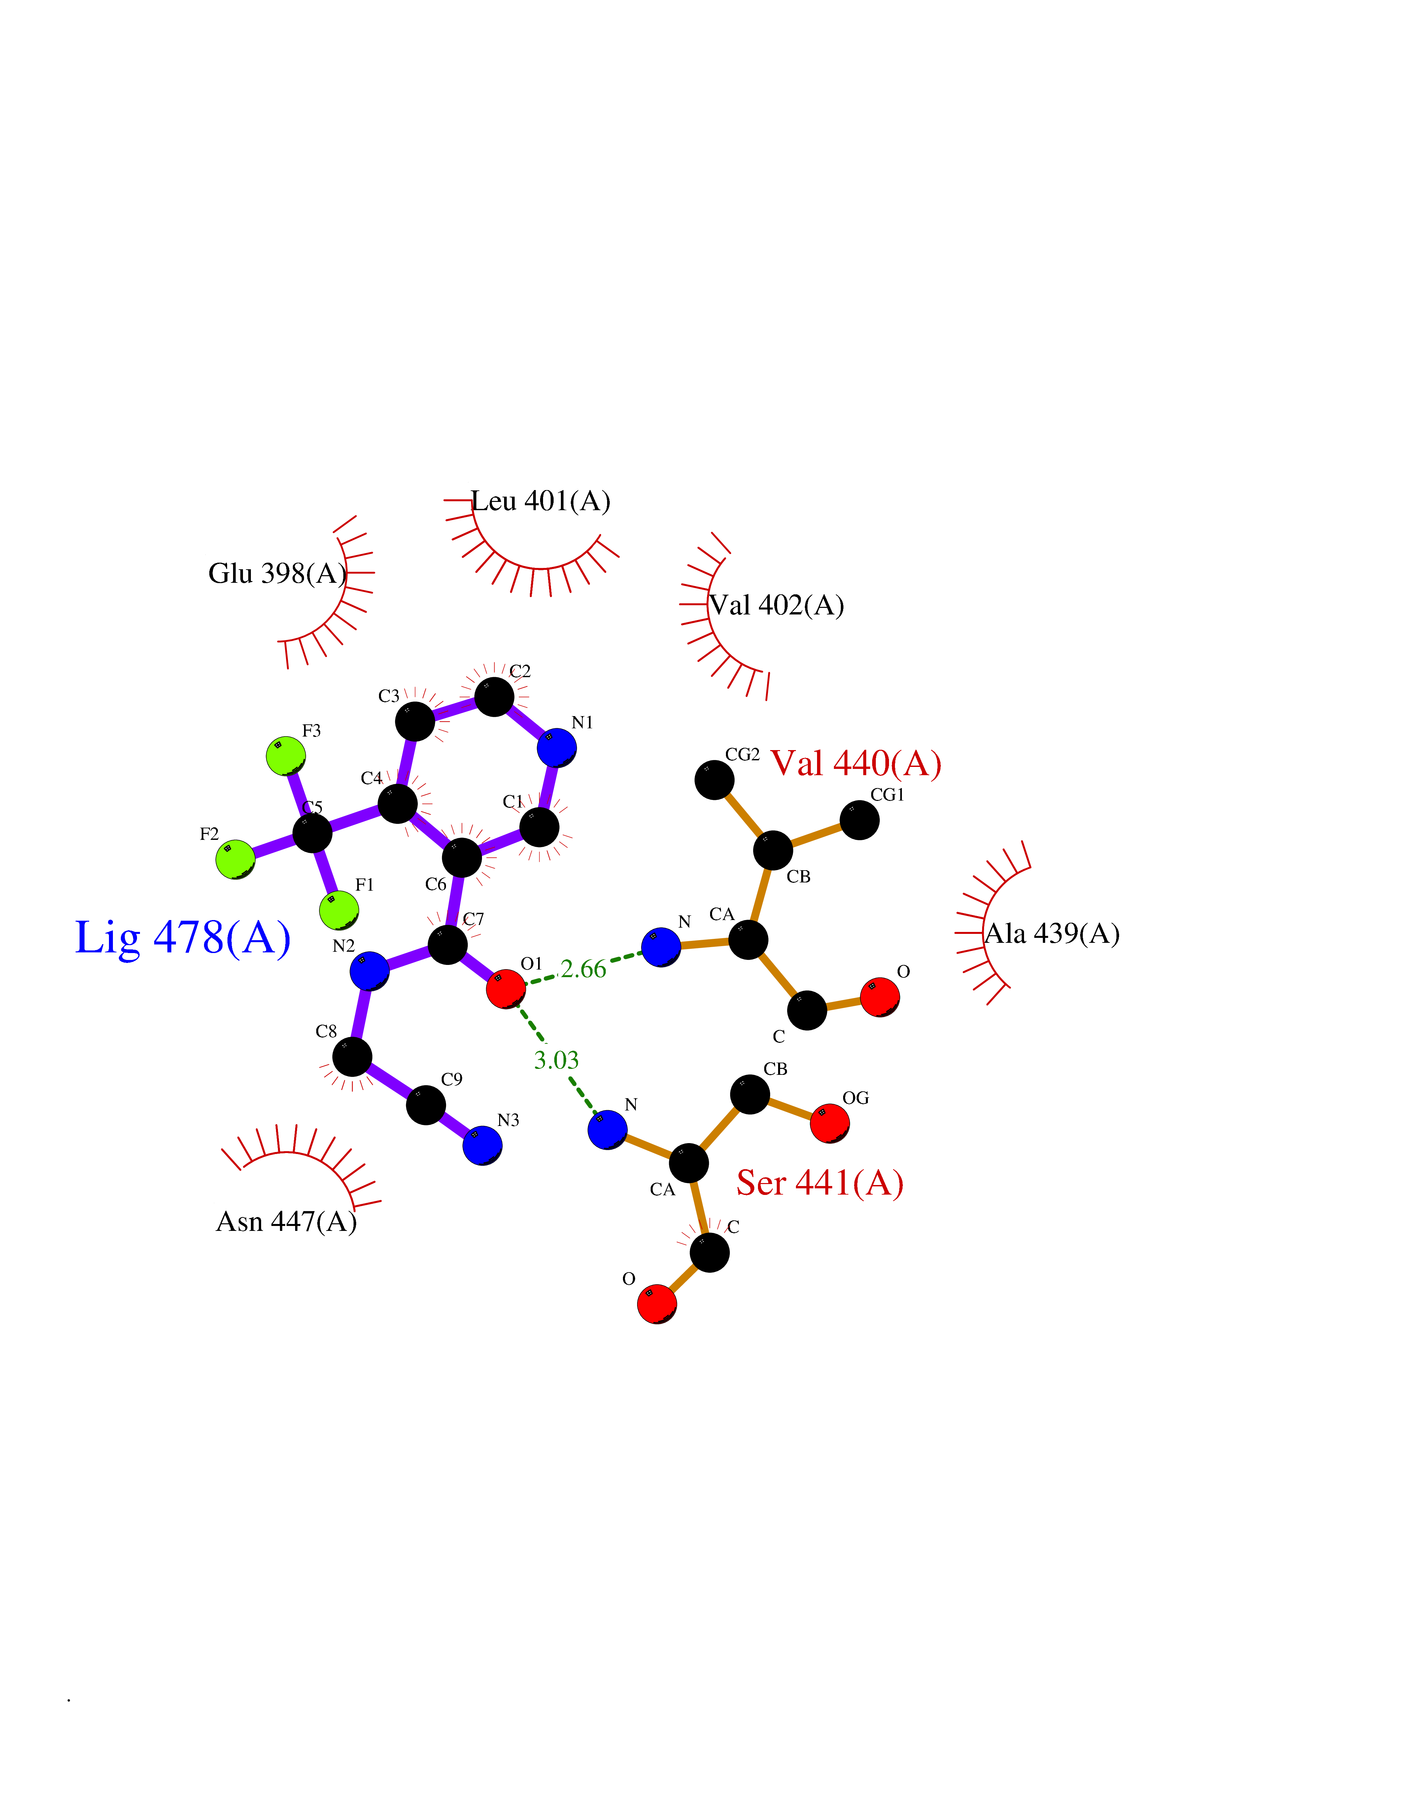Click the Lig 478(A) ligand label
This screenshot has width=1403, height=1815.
point(183,938)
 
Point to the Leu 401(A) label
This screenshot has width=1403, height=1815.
point(541,501)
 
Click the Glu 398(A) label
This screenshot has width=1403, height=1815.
point(278,574)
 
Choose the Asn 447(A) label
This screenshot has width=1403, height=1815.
point(287,1222)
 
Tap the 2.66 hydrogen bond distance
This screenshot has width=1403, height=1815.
point(583,969)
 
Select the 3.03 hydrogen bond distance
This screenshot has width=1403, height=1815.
point(556,1060)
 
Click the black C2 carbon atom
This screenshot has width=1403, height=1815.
point(495,696)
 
